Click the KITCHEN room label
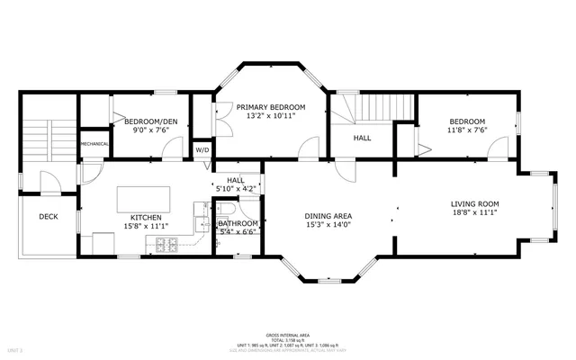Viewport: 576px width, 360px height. coord(146,218)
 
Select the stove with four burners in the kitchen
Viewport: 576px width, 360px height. coord(166,244)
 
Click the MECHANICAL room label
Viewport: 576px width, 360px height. coord(94,144)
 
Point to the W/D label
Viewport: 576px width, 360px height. coord(202,150)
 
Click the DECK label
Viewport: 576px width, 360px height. coord(49,217)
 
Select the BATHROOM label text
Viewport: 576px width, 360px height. coord(238,223)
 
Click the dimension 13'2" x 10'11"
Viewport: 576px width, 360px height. coord(271,116)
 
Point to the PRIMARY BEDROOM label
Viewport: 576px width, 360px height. coord(271,106)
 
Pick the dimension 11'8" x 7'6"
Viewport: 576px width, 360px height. coord(467,130)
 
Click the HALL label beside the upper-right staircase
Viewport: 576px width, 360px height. coord(362,139)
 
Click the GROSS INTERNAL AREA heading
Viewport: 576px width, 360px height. coord(287,334)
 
